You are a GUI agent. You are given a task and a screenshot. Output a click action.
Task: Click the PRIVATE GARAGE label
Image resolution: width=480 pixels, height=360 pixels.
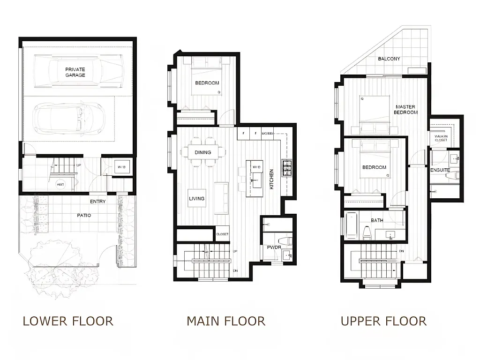(75, 72)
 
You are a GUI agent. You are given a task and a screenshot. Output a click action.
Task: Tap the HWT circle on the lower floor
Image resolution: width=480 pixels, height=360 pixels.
(60, 184)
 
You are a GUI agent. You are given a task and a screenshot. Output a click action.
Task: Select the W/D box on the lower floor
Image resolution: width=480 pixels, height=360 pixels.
(121, 167)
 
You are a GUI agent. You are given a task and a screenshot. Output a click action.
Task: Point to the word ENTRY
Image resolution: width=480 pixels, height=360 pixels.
(97, 202)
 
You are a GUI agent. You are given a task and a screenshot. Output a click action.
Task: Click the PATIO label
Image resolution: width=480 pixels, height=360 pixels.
(84, 215)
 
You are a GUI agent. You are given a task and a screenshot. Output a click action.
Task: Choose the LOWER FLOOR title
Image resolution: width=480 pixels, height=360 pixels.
(68, 321)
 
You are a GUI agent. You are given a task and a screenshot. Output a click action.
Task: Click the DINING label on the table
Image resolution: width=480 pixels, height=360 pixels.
(203, 152)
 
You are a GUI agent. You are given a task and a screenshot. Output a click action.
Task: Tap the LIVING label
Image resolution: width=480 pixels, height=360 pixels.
(196, 198)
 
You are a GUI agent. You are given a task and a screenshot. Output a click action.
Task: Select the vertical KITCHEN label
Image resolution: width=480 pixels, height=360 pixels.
(271, 180)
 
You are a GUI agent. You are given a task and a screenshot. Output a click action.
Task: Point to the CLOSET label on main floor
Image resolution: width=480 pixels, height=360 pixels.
(222, 234)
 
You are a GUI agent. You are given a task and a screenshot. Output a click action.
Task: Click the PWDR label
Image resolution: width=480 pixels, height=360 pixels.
(274, 247)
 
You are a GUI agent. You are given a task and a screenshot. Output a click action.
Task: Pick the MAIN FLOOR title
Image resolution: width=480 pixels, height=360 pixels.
(225, 321)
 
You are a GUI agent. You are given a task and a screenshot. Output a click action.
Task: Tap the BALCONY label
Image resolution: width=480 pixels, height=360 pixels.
(389, 59)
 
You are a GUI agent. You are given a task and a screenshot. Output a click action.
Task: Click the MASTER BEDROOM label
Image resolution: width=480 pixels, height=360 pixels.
(405, 110)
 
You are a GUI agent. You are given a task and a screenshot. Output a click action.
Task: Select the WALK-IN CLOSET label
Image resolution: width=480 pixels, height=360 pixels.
(441, 138)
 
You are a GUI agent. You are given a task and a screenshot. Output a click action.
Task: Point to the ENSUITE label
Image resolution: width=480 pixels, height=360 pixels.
(440, 170)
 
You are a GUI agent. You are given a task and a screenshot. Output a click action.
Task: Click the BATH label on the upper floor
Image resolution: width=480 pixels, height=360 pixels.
(377, 220)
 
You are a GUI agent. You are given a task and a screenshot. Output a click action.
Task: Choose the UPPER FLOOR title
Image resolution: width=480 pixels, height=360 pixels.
(383, 321)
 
